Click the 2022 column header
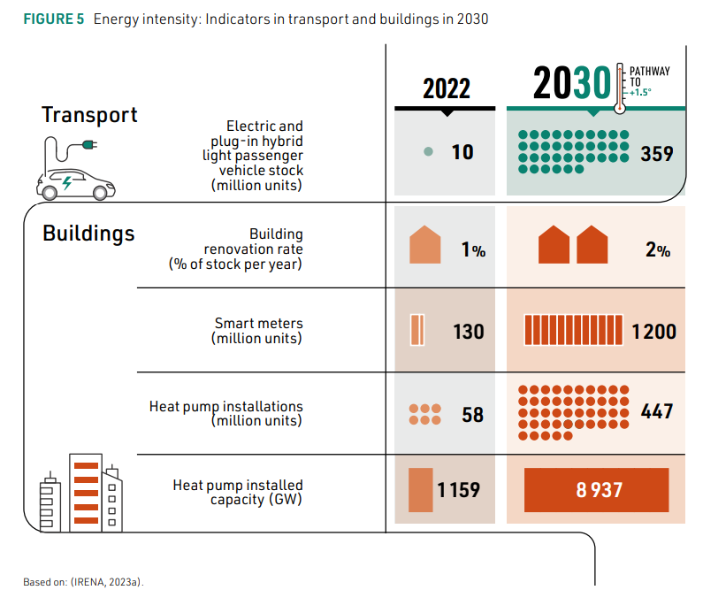click(x=447, y=88)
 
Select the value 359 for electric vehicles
click(x=657, y=153)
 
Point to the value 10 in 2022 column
click(x=462, y=152)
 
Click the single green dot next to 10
click(x=429, y=152)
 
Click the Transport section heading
click(x=89, y=115)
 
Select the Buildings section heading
click(x=88, y=234)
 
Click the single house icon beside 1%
click(x=424, y=245)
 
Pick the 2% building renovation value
click(x=658, y=250)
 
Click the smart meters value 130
click(x=469, y=332)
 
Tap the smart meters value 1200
click(x=654, y=332)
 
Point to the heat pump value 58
click(x=473, y=414)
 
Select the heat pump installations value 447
click(x=657, y=411)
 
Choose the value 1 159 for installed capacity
click(x=458, y=489)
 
